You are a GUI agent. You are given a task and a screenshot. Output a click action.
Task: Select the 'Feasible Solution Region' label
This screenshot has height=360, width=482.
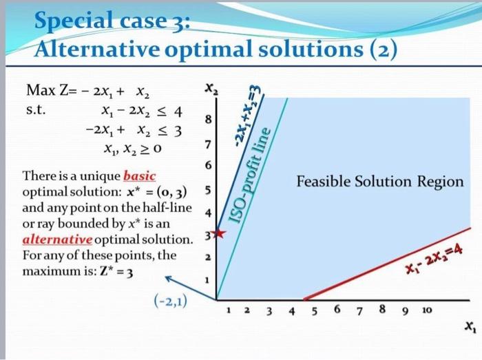[x=380, y=182]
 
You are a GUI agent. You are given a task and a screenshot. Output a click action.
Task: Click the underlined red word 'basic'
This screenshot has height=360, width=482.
[x=140, y=176]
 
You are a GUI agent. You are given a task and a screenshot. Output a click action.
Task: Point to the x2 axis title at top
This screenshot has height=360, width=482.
[x=209, y=88]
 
